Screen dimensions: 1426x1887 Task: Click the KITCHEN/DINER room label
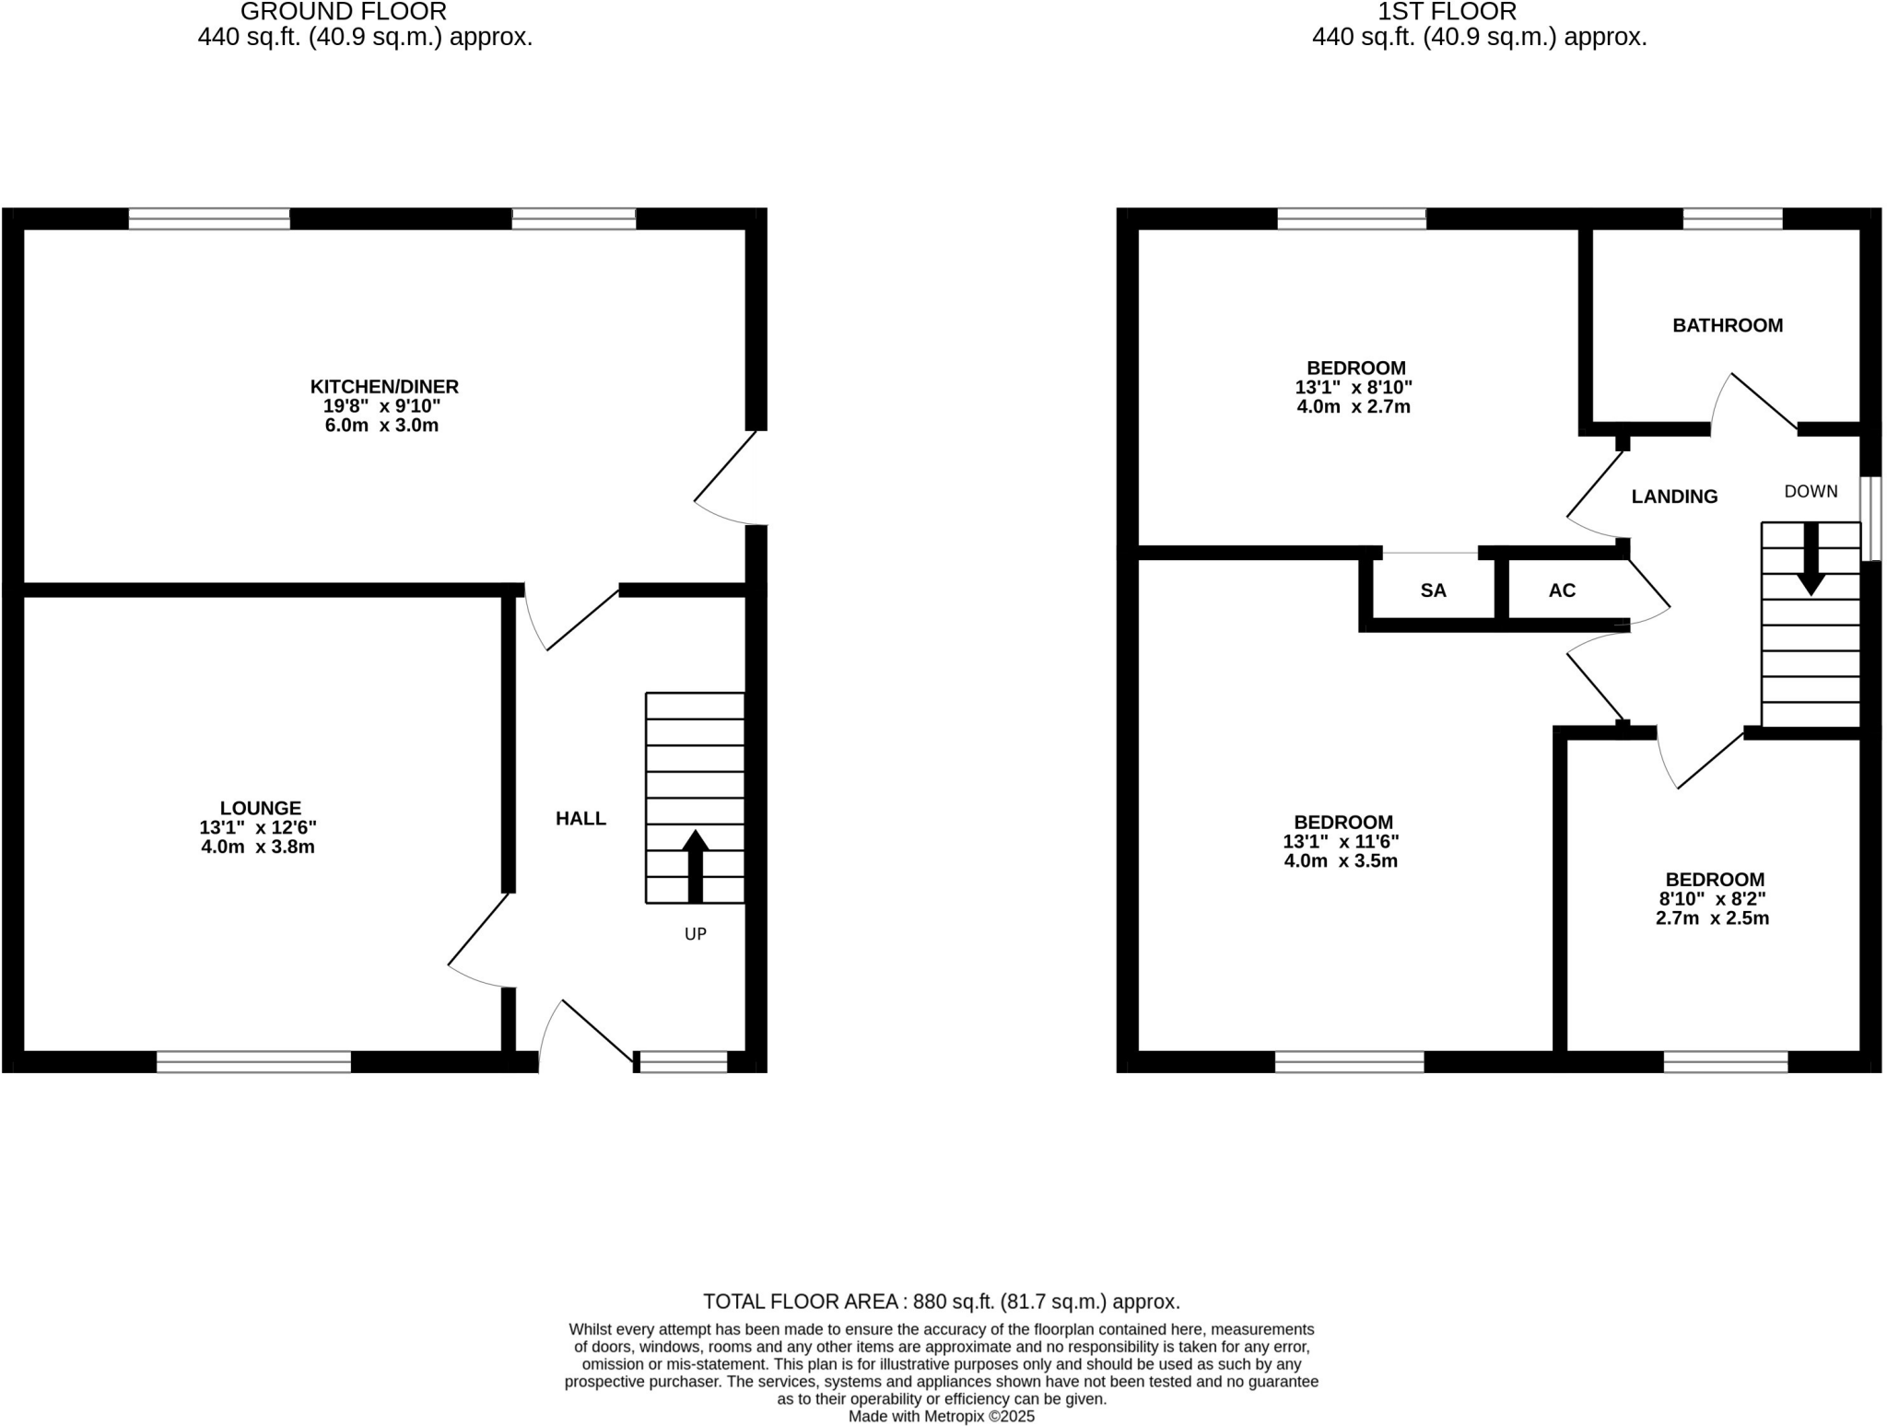click(x=384, y=387)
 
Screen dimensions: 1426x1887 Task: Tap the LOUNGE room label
click(x=260, y=809)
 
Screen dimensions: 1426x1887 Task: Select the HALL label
click(x=580, y=818)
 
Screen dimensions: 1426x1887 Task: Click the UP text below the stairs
click(x=696, y=934)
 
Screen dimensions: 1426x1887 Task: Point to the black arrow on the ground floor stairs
click(x=696, y=866)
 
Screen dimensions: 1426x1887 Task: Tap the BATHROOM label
click(x=1728, y=325)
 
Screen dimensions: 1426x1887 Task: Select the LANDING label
click(x=1674, y=497)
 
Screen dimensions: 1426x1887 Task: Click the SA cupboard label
click(x=1433, y=590)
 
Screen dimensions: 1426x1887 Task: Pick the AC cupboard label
click(x=1562, y=590)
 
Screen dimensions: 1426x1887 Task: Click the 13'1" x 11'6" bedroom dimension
click(x=1341, y=842)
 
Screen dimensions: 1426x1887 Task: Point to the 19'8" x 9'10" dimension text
click(x=381, y=406)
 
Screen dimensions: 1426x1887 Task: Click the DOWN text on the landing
click(x=1811, y=492)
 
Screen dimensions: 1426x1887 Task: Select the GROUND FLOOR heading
click(x=343, y=12)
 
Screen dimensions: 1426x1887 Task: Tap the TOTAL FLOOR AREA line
click(x=941, y=1302)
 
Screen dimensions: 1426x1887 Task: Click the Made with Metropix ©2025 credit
click(x=941, y=1417)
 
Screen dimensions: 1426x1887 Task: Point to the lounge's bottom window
click(x=253, y=1061)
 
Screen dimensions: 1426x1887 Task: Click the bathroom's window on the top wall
click(x=1732, y=218)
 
